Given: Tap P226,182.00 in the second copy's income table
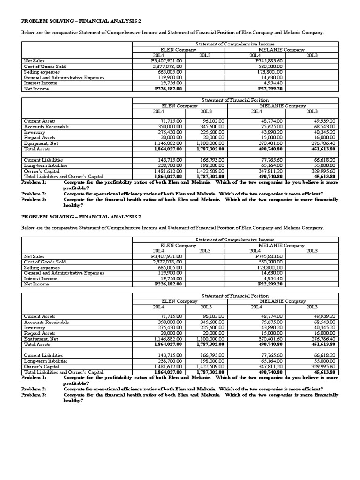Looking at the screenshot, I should tap(167, 284).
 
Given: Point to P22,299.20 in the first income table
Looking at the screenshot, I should tap(270, 89).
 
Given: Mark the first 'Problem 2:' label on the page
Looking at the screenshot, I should tap(34, 194).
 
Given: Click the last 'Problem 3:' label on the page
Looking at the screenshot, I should tap(34, 395).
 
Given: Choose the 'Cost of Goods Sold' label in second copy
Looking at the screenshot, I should tap(45, 262).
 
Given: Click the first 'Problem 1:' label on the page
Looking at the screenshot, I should tap(34, 182).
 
